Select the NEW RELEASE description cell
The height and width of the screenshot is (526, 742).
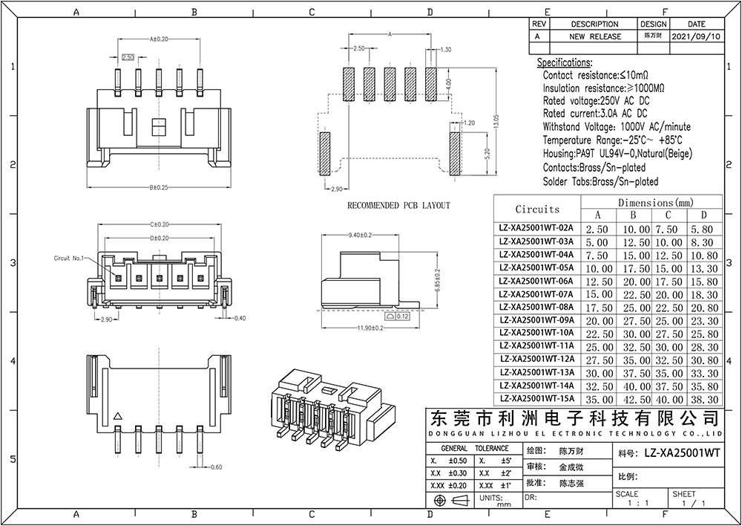click(595, 36)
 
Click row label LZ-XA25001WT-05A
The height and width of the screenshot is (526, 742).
click(536, 267)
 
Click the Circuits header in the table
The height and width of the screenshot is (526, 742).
click(537, 209)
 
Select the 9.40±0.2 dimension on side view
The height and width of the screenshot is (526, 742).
click(360, 236)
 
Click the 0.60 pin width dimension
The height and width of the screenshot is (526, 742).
click(217, 467)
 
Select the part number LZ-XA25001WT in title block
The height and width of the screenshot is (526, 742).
click(682, 452)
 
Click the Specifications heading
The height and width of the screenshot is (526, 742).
click(564, 62)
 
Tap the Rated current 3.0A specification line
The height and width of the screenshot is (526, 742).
click(595, 114)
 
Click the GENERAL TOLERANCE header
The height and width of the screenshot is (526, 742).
click(475, 449)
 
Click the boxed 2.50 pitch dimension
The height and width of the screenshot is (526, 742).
click(127, 56)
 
